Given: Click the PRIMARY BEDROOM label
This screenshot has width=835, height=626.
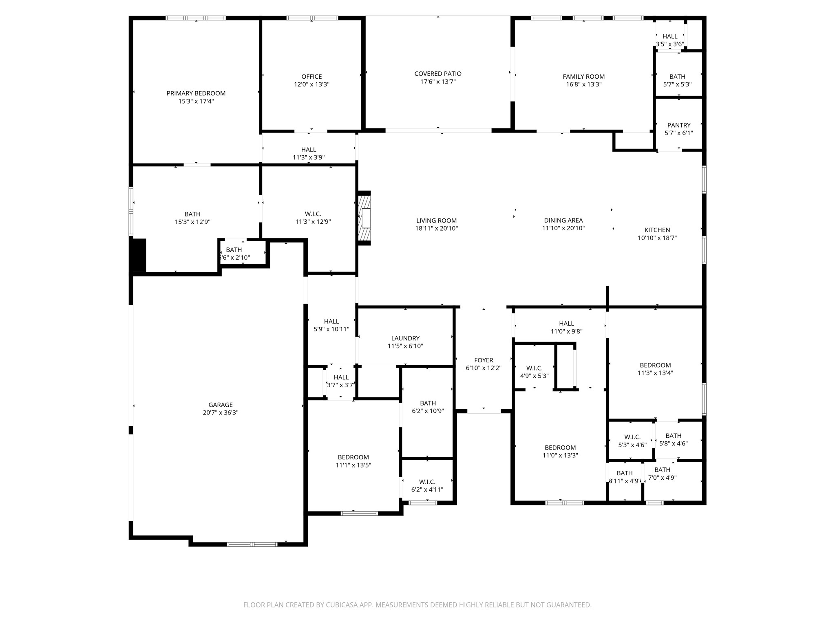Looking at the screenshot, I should click(x=196, y=93).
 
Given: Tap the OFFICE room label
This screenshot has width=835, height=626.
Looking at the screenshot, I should click(x=311, y=77).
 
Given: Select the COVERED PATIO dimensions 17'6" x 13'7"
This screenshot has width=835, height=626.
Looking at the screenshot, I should click(x=438, y=82).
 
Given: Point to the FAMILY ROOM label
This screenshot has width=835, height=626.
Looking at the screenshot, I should click(x=583, y=77).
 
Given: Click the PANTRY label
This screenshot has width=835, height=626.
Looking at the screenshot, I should click(x=678, y=125).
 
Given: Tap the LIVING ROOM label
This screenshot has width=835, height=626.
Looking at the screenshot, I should click(x=436, y=220).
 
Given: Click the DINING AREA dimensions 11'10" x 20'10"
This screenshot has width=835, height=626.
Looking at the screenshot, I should click(x=563, y=228).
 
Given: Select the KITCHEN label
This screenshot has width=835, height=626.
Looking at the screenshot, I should click(x=657, y=230).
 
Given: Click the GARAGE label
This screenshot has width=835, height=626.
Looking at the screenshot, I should click(x=221, y=405).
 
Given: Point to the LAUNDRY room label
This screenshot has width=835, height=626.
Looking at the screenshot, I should click(x=405, y=338).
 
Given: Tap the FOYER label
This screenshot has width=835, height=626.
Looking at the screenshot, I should click(x=484, y=360).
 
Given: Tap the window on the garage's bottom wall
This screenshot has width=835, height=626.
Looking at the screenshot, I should click(x=252, y=544).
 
